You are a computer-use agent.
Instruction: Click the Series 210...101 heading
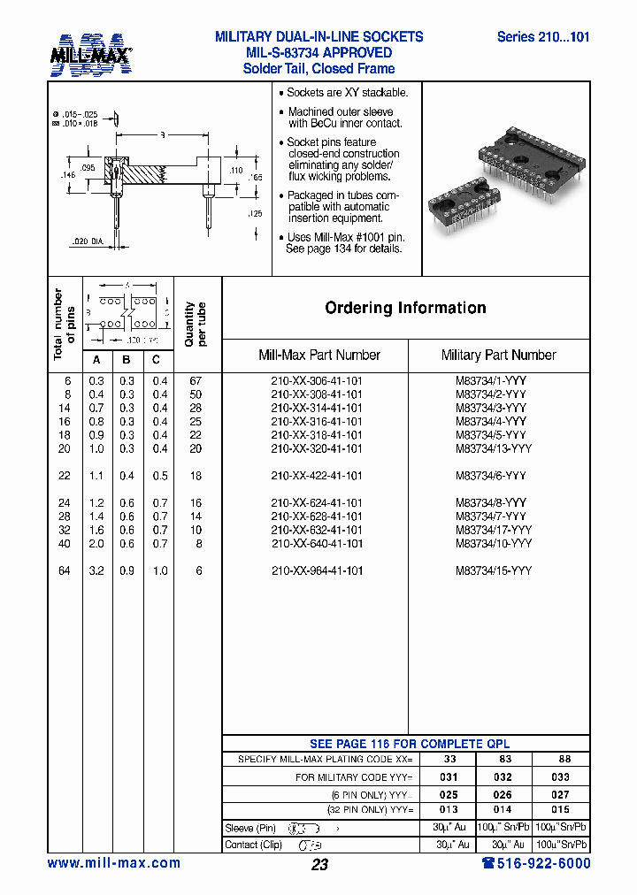[542, 37]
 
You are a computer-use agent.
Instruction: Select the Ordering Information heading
[405, 308]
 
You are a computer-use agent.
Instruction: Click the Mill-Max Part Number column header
[318, 355]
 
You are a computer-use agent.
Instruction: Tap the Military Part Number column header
[498, 355]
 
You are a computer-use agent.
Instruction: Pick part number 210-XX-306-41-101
[317, 380]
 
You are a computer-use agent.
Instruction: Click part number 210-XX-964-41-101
[317, 570]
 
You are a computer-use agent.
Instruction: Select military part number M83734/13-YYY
[494, 448]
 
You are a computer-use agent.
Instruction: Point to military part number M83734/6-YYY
[491, 476]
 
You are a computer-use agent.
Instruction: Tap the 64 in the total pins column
[65, 570]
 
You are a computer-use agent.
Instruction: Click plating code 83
[504, 759]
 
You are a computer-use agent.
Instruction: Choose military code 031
[449, 776]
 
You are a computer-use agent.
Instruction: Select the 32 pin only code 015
[560, 809]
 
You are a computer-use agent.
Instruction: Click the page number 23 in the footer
[319, 864]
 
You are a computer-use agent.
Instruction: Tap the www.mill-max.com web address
[113, 863]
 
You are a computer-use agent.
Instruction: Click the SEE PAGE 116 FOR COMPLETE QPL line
[409, 744]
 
